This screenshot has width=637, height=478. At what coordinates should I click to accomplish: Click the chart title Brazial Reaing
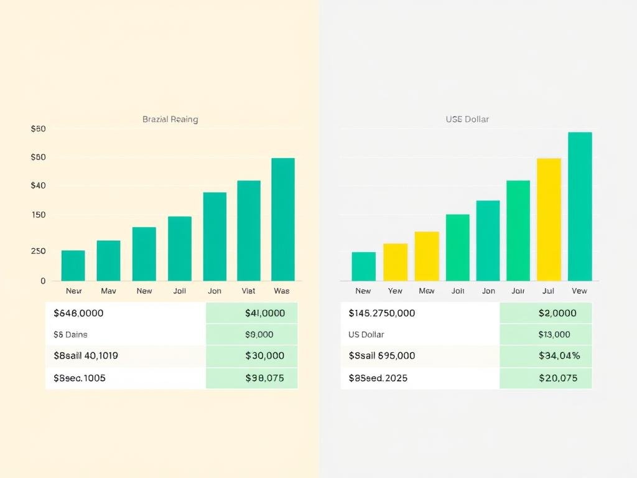point(170,119)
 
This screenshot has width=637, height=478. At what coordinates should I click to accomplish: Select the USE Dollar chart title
point(467,119)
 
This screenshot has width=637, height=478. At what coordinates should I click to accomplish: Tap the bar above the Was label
point(283,219)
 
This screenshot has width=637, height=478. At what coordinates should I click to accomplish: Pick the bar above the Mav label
point(108,260)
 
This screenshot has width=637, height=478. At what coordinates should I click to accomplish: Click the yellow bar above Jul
point(549,219)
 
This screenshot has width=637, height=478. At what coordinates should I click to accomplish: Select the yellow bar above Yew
point(395,261)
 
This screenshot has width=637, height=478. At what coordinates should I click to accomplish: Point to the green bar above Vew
point(580,206)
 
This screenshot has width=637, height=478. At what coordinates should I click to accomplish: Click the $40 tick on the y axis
point(38,185)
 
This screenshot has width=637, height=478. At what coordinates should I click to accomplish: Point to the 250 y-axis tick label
point(38,251)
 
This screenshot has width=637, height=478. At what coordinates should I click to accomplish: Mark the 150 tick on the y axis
point(38,215)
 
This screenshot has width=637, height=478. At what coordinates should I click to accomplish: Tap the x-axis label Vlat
point(248,291)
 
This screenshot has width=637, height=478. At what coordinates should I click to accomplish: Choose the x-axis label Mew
point(427,291)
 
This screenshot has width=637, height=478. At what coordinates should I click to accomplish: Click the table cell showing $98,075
point(264,378)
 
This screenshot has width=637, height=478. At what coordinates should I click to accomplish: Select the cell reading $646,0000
point(78,313)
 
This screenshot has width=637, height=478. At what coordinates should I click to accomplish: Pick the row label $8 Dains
point(70,334)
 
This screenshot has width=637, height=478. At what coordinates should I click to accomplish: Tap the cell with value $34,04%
point(559,356)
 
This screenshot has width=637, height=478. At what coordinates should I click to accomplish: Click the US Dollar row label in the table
point(366,334)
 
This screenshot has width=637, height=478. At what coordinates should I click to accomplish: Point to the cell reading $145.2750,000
point(381,313)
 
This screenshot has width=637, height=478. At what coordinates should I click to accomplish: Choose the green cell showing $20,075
point(557,378)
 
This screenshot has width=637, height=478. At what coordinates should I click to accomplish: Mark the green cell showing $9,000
point(259,334)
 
